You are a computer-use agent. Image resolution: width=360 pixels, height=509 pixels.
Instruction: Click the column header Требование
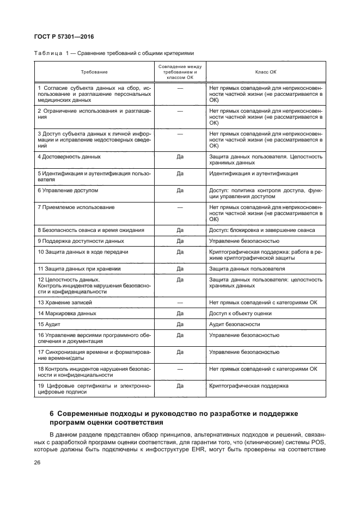[94, 72]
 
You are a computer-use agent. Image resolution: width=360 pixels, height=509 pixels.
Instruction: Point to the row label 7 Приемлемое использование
[72, 207]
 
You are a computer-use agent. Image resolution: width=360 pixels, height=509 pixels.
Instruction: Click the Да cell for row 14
[180, 313]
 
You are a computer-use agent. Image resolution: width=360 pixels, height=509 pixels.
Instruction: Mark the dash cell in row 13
[180, 302]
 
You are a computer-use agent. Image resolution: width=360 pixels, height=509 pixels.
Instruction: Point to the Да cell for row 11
[180, 268]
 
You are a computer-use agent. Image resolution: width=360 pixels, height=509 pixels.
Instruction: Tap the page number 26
[38, 463]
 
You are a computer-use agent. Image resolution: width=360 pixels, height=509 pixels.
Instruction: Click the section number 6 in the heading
[52, 413]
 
